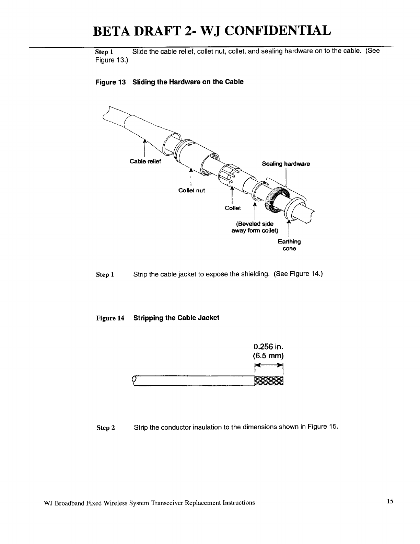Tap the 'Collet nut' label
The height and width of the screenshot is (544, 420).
(191, 190)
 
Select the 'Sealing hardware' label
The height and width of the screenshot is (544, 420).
(286, 164)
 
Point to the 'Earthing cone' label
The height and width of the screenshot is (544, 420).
(289, 245)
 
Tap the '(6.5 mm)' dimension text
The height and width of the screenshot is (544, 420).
(268, 355)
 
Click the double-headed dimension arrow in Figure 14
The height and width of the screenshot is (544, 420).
(269, 366)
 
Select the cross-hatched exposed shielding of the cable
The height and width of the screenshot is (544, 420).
(269, 381)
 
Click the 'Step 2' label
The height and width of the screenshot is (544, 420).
(106, 428)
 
